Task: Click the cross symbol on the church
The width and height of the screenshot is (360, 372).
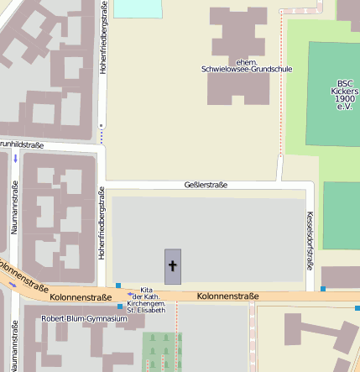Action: [x=173, y=266]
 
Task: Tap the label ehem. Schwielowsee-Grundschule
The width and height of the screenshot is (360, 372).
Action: [x=247, y=65]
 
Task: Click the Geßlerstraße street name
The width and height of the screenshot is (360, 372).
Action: [x=206, y=185]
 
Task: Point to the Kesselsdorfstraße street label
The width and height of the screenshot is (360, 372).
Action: [x=310, y=239]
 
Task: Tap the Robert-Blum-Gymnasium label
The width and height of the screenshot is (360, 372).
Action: [x=79, y=319]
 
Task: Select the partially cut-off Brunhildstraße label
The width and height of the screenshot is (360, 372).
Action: [x=21, y=144]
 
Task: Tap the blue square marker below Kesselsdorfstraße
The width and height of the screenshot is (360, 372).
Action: [x=323, y=289]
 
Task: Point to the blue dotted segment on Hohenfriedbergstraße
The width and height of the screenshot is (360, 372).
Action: [x=102, y=133]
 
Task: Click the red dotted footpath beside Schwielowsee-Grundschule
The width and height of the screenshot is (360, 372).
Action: [x=279, y=84]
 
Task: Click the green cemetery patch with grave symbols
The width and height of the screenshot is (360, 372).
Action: [x=162, y=348]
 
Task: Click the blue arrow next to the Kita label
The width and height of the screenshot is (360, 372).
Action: [x=130, y=295]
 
